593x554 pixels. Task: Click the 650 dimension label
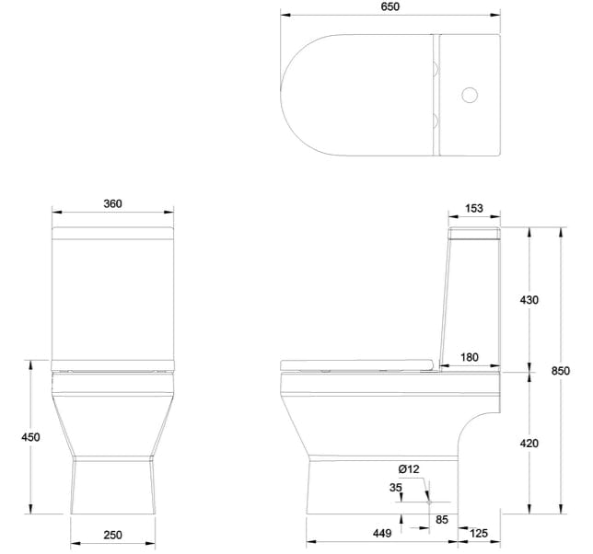390,6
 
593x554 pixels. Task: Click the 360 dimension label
112,203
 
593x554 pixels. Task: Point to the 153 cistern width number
473,209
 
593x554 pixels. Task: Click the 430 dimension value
529,300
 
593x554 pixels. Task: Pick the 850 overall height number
560,371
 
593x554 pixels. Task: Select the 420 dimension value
529,443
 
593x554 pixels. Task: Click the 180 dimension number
469,357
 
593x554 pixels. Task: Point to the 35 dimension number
395,487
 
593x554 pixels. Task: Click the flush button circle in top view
471,94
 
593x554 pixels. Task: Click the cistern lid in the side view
474,229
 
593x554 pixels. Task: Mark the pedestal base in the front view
111,488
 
